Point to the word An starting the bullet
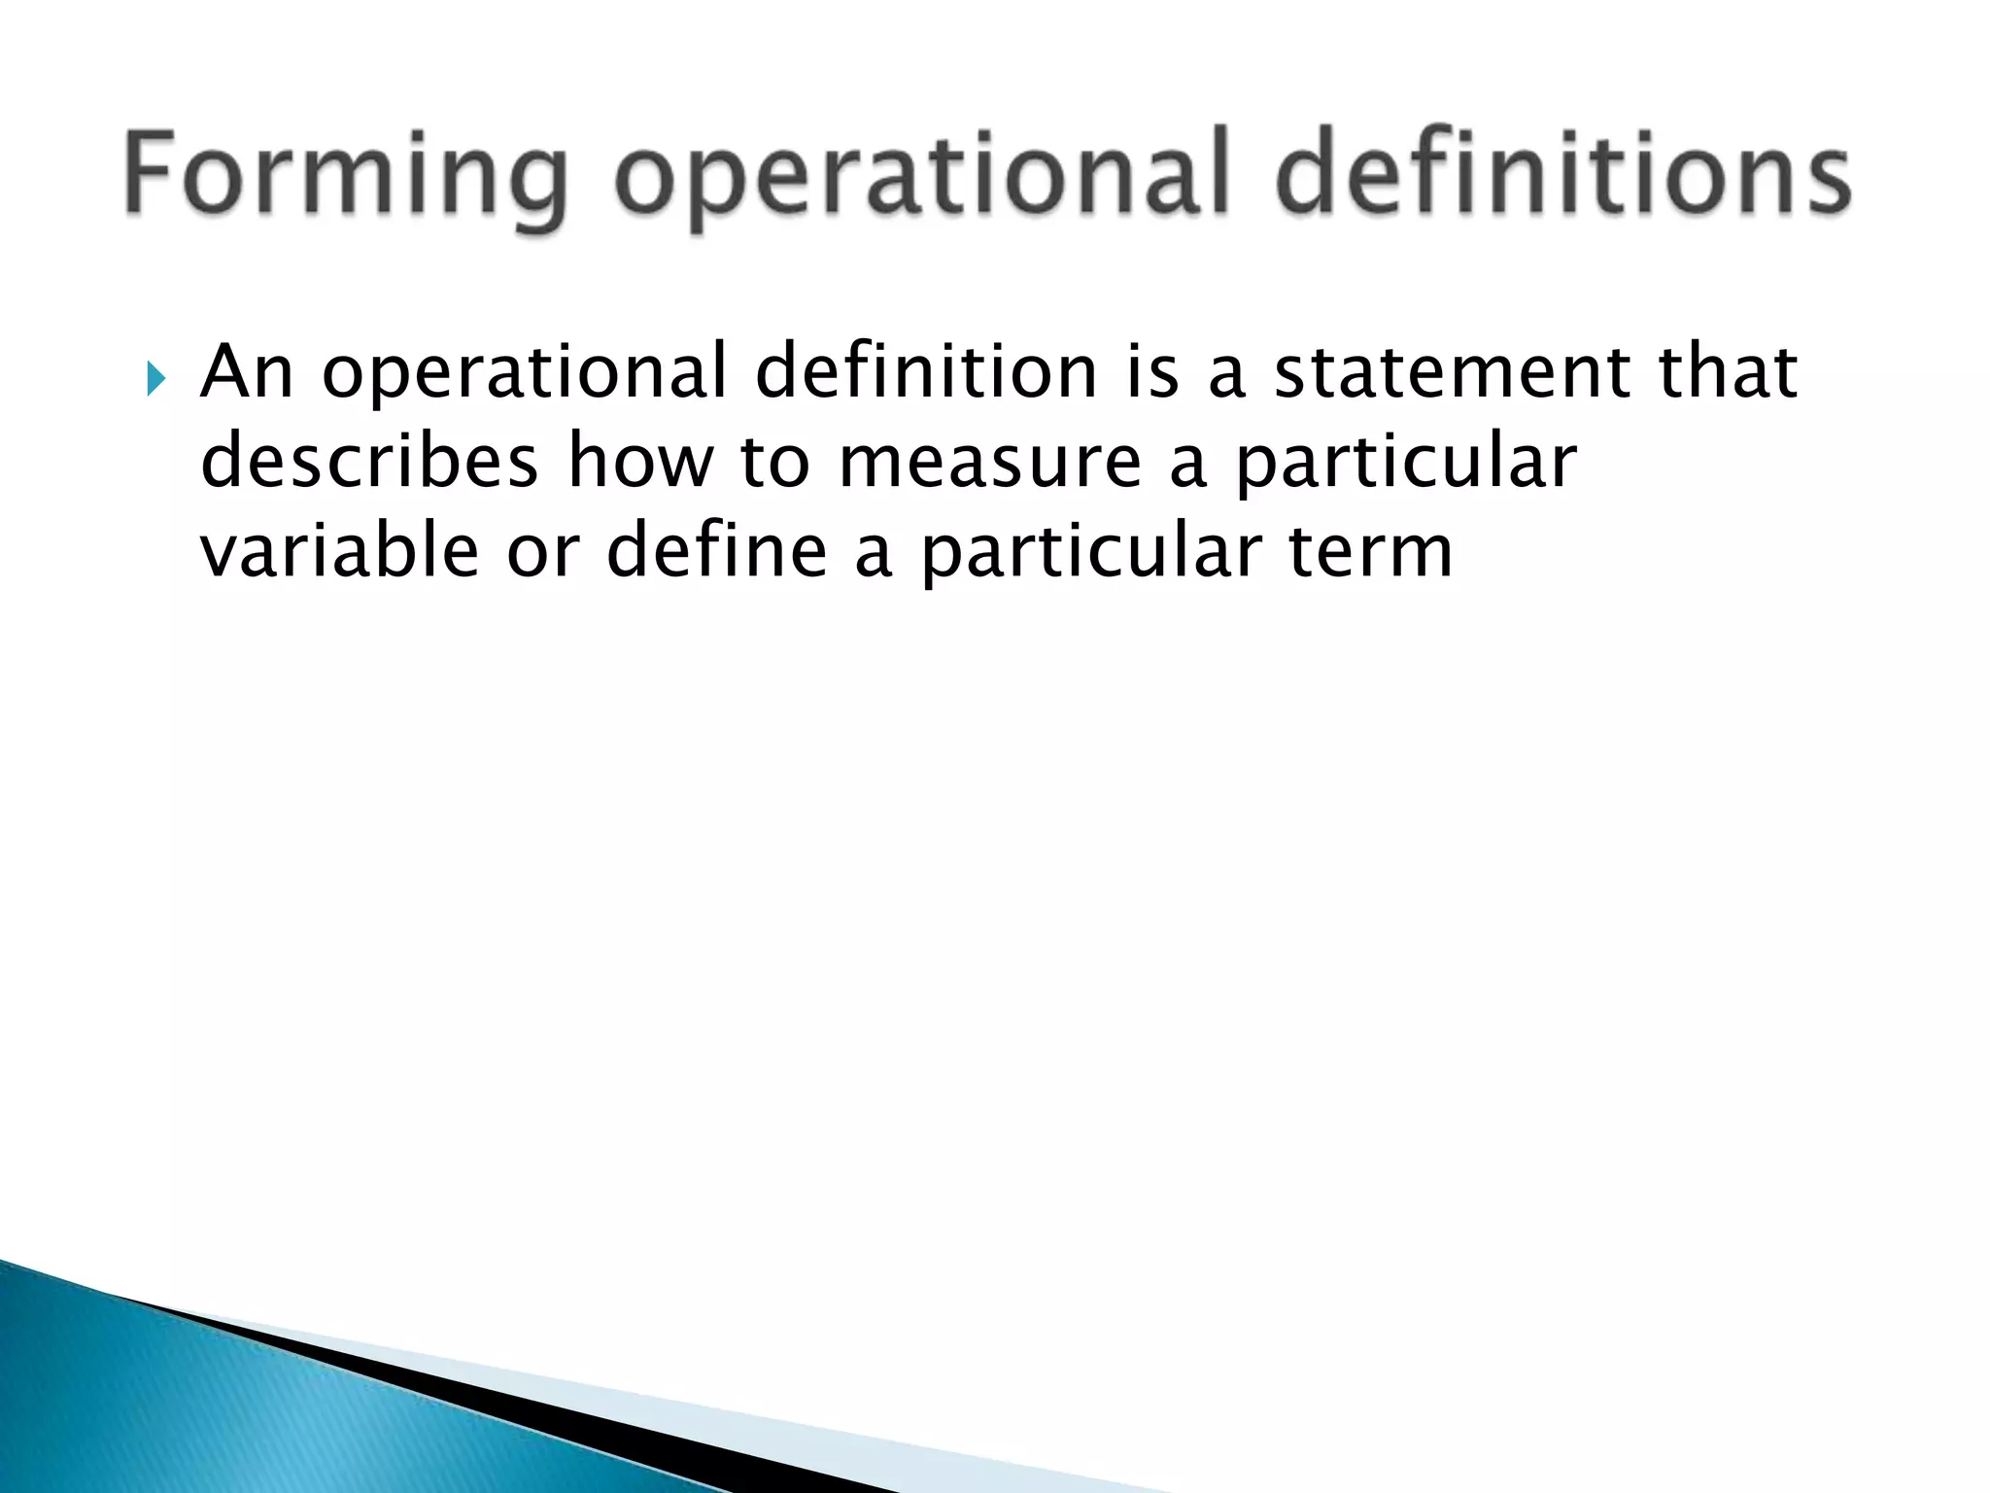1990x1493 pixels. pos(246,372)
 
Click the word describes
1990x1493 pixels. pos(368,462)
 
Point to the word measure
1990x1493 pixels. pos(988,462)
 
